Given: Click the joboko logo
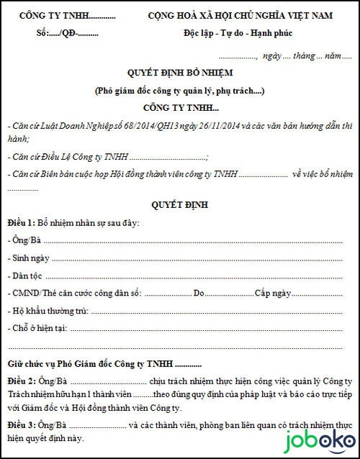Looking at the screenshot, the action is coord(317,440).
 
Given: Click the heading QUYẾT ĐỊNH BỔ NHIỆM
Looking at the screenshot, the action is coord(180,73).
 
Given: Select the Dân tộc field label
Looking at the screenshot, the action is coord(26,276).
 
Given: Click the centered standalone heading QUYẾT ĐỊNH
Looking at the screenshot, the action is coord(180,205).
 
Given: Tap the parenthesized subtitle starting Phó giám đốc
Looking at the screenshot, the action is coord(180,91).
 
